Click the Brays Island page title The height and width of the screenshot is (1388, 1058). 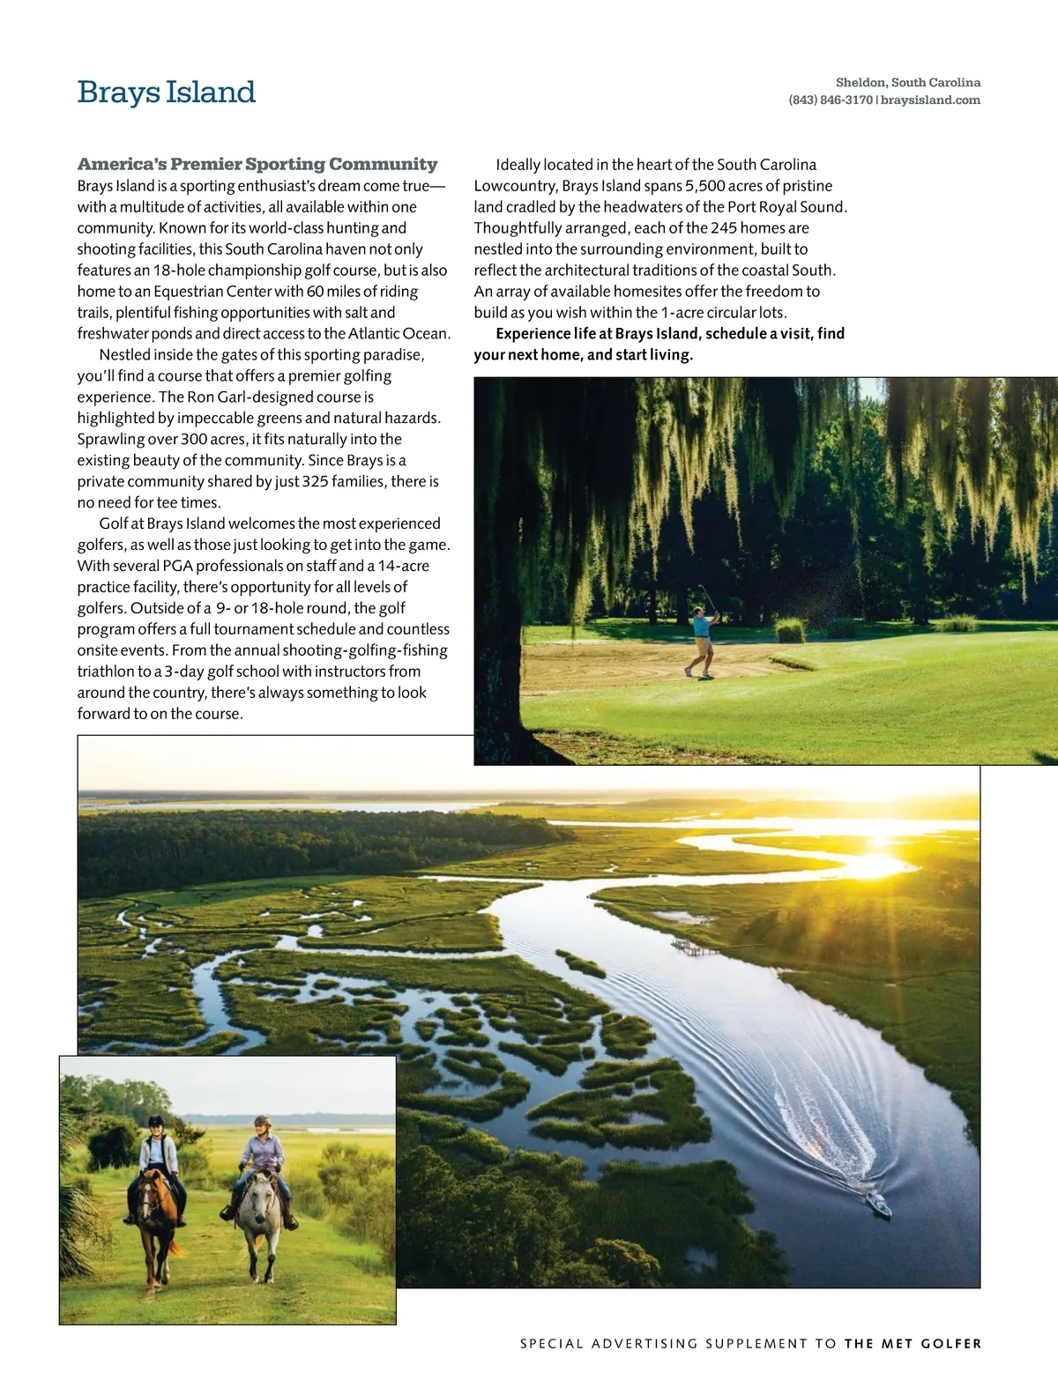[167, 92]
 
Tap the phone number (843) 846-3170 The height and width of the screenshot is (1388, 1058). [831, 100]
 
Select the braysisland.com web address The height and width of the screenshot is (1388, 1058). [930, 100]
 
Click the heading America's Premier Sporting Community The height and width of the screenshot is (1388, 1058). [257, 164]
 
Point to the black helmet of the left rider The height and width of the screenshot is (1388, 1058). [156, 1120]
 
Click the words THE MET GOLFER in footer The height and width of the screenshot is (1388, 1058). [913, 1344]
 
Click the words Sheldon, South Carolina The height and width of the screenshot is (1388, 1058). [908, 83]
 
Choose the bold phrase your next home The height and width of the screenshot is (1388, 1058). [527, 355]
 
